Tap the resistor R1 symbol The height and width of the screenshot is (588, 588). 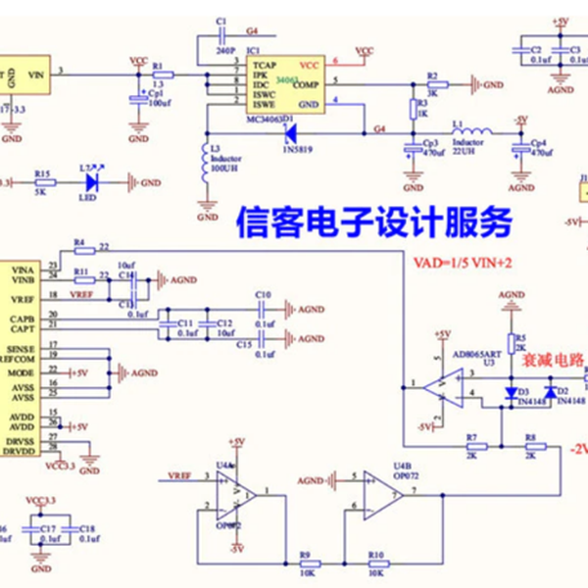[x=163, y=73]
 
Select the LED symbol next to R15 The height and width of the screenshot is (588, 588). [x=92, y=182]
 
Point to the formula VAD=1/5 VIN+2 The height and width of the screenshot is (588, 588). [x=462, y=263]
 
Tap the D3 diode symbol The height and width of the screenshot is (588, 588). [x=511, y=392]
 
